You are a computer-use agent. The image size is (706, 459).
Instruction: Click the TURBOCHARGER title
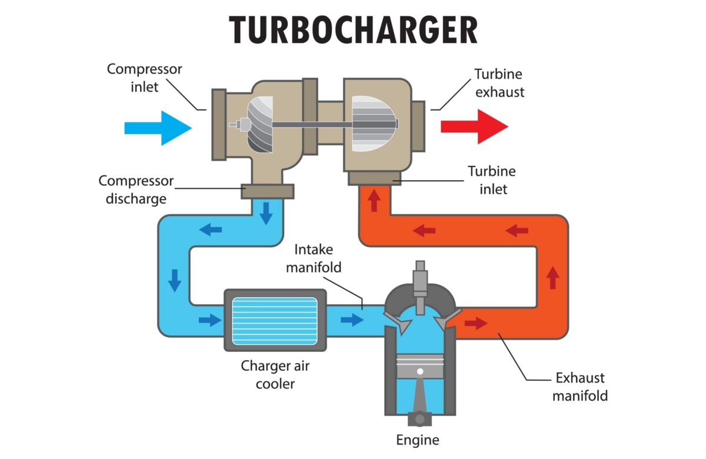point(353,29)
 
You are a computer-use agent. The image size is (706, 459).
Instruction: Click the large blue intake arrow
point(158,127)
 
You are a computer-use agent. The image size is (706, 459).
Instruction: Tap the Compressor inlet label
point(144,78)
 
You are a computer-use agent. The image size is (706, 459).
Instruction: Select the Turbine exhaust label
point(499,83)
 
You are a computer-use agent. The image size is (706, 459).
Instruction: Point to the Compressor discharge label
point(136,189)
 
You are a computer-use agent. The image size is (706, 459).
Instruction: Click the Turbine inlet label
point(491,181)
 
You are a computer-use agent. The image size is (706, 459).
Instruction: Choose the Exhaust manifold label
point(580,387)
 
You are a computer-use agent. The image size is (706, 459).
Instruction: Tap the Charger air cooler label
point(275,375)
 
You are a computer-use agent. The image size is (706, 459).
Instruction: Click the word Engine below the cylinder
point(418,440)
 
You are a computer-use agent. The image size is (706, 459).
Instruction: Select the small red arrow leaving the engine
point(476,323)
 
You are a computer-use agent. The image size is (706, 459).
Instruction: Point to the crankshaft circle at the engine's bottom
point(419,420)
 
